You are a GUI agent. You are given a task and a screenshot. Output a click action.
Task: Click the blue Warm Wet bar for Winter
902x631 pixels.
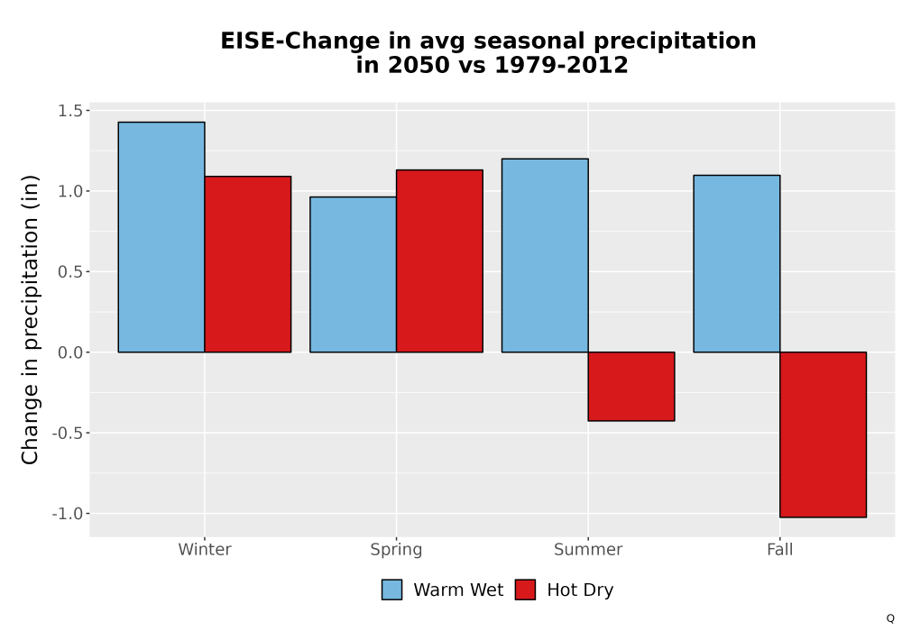[x=161, y=237]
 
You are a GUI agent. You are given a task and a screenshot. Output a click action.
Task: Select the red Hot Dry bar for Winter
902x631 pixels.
[x=248, y=264]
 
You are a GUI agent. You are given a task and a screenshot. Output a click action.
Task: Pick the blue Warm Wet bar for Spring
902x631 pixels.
[x=354, y=275]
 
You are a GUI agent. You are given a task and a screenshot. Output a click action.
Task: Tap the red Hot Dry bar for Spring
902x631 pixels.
[x=439, y=261]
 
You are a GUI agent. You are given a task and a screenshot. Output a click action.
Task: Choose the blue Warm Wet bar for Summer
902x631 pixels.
[x=545, y=255]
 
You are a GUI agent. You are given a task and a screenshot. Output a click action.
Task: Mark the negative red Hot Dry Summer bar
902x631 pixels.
[x=631, y=386]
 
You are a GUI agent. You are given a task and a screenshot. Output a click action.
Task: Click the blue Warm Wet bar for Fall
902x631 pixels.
[x=737, y=264]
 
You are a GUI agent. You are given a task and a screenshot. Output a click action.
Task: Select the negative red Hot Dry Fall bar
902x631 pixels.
[x=824, y=434]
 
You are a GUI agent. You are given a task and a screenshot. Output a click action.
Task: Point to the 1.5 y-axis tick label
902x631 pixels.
[x=70, y=110]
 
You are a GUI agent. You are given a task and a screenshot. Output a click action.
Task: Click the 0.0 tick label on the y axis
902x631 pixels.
[x=70, y=352]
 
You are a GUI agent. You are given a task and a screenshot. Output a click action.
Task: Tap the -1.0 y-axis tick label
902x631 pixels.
[x=68, y=513]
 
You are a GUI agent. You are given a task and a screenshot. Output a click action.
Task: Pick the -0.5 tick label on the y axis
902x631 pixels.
[x=68, y=433]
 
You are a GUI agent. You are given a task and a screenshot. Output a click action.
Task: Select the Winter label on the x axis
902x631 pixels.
[x=205, y=549]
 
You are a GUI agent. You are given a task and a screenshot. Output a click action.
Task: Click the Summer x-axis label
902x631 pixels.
[x=588, y=549]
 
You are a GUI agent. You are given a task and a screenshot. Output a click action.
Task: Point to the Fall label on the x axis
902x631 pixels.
[x=780, y=549]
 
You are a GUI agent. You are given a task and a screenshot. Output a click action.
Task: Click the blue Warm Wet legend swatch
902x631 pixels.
[x=391, y=590]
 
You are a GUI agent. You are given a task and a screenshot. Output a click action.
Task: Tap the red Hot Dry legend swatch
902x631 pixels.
[x=525, y=590]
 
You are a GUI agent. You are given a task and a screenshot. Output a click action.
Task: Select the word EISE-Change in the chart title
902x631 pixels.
[x=299, y=41]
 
